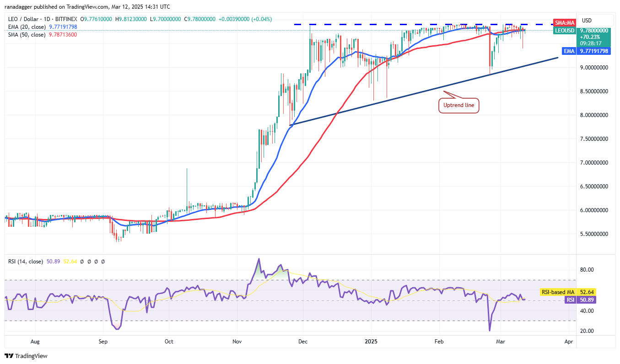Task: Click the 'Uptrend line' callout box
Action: [458, 106]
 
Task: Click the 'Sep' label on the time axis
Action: [103, 341]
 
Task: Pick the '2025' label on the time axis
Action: [372, 341]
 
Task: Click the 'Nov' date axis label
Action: [237, 341]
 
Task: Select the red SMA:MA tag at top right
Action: [564, 22]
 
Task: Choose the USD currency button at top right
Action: [586, 20]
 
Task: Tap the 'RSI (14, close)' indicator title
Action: [25, 262]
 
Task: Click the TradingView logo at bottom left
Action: [26, 356]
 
